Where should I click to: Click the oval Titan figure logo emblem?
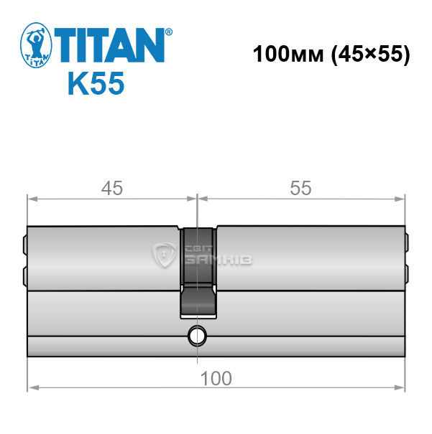point(36,45)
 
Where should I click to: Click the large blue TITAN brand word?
point(110,45)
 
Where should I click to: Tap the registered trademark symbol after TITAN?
point(169,32)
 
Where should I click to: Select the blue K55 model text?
point(96,83)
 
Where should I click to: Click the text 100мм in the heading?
point(288,54)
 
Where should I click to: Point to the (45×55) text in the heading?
point(370,55)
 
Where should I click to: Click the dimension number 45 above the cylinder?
point(111,188)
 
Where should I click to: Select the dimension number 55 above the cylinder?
point(301,188)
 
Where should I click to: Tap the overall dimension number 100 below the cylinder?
point(216,378)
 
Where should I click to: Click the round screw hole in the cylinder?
point(197,336)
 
